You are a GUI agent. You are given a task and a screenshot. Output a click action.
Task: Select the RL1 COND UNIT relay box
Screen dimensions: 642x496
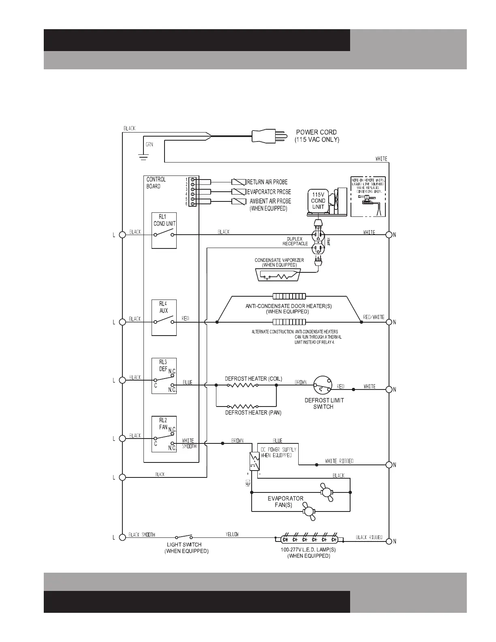pyautogui.click(x=164, y=230)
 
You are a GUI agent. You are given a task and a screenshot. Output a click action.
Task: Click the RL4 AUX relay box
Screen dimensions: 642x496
pyautogui.click(x=164, y=318)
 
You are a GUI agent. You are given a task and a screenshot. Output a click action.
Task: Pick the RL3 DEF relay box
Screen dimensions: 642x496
pyautogui.click(x=164, y=376)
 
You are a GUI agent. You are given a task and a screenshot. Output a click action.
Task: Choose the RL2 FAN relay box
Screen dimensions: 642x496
pyautogui.click(x=164, y=434)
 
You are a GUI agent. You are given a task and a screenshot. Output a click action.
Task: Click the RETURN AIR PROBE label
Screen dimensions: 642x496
pyautogui.click(x=267, y=182)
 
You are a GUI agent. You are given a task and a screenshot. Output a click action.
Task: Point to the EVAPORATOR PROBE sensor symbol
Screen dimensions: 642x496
pyautogui.click(x=239, y=192)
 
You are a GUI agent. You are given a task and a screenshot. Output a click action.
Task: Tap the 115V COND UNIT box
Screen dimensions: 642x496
pyautogui.click(x=318, y=201)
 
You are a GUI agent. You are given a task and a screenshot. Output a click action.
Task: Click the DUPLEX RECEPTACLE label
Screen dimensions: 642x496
pyautogui.click(x=295, y=241)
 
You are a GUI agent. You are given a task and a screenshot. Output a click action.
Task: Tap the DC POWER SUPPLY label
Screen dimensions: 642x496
pyautogui.click(x=278, y=452)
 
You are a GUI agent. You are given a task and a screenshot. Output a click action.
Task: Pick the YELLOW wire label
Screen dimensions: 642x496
pyautogui.click(x=232, y=534)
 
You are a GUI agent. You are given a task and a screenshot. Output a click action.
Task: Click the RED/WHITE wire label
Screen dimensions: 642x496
pyautogui.click(x=374, y=317)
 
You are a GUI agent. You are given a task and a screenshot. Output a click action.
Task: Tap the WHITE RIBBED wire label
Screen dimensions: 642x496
pyautogui.click(x=339, y=461)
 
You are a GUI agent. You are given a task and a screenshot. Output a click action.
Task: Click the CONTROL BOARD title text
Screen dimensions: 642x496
pyautogui.click(x=156, y=183)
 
